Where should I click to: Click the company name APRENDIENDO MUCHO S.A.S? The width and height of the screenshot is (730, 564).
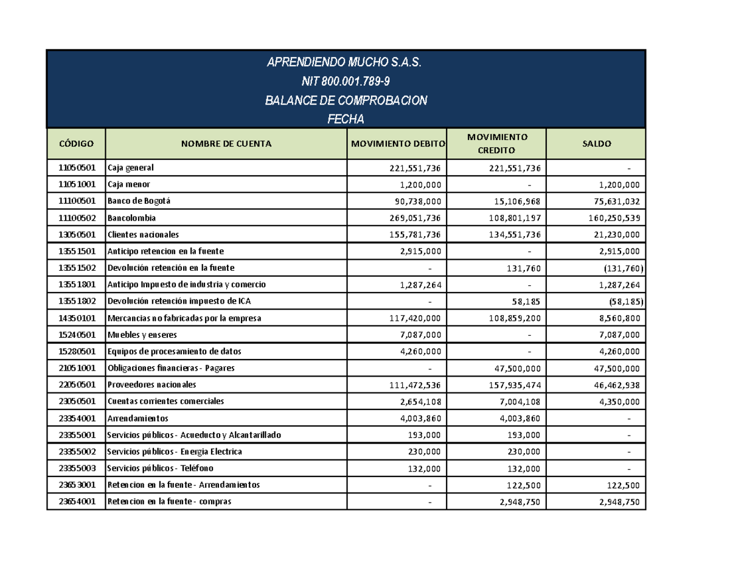click(345, 63)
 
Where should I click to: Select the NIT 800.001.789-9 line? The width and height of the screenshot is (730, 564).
click(345, 82)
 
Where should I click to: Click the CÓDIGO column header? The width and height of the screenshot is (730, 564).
click(76, 144)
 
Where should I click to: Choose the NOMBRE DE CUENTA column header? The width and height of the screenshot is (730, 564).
click(226, 144)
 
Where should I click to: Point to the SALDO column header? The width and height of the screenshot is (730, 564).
click(596, 144)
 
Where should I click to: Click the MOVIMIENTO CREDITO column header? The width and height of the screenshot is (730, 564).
click(496, 144)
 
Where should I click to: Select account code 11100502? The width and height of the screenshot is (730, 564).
click(76, 217)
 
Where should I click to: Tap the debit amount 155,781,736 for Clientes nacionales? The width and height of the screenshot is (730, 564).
click(416, 234)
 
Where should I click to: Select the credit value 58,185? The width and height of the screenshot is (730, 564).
click(525, 301)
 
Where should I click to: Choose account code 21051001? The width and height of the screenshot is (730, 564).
click(76, 368)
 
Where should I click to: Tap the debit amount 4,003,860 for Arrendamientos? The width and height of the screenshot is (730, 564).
click(423, 419)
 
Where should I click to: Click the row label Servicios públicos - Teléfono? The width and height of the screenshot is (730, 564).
click(160, 468)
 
